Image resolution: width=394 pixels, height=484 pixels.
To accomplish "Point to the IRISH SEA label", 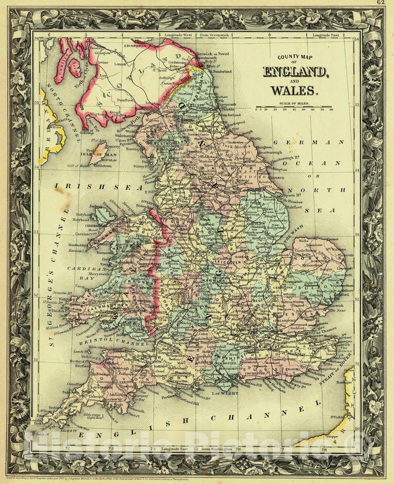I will [x=99, y=188].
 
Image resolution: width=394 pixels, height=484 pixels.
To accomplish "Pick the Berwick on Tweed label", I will [x=212, y=54].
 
